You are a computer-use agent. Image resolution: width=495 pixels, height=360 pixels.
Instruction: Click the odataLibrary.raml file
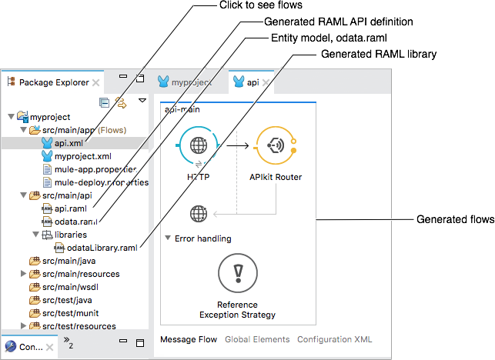[x=102, y=248]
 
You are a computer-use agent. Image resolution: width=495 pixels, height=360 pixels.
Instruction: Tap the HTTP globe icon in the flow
[x=198, y=145]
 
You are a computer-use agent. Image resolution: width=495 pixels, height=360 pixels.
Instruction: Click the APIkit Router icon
[x=275, y=145]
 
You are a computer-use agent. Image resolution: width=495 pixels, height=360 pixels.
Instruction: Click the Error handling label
[x=202, y=238]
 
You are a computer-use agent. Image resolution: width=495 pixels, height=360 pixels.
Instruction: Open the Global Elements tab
[x=257, y=339]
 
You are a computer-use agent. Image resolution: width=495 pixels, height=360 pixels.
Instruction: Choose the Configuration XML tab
[x=335, y=339]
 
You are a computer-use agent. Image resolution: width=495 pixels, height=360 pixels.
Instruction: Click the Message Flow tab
[x=188, y=339]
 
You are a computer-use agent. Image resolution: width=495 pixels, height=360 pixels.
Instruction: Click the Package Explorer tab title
[x=53, y=82]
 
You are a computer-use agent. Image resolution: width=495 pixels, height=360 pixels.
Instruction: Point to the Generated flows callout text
[x=455, y=220]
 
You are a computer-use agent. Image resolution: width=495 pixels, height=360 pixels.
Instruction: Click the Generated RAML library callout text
[x=378, y=54]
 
